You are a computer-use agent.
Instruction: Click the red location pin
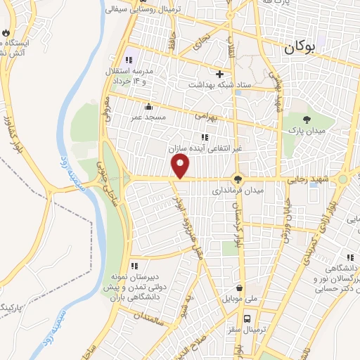coord(181,166)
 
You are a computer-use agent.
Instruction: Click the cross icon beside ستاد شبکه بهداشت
coord(219,74)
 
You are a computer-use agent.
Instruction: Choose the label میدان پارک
coord(304,131)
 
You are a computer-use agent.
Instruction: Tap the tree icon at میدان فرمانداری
coord(238,180)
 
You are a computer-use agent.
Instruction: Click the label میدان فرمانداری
coord(240,191)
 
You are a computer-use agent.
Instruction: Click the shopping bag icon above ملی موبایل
coord(240,288)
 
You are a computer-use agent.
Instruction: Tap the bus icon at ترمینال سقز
coord(242,329)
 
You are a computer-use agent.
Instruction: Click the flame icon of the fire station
coord(6,32)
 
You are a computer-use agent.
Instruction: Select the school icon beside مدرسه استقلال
coord(128,60)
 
